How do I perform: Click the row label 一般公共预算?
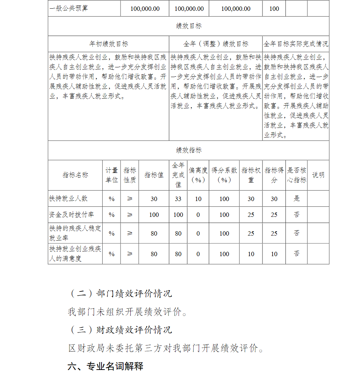click(x=69, y=8)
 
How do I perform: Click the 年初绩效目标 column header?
click(x=108, y=44)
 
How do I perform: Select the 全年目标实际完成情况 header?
click(x=296, y=44)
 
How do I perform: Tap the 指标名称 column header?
click(x=75, y=175)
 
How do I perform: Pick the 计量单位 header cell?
click(x=112, y=175)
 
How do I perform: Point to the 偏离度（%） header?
click(x=198, y=175)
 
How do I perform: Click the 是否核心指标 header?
click(x=296, y=175)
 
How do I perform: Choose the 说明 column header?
click(x=318, y=175)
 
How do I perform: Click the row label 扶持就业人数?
click(x=68, y=198)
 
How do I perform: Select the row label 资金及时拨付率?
click(x=71, y=215)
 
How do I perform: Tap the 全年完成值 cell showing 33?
click(x=178, y=199)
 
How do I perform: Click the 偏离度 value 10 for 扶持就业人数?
click(x=198, y=199)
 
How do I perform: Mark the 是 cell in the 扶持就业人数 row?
click(x=296, y=198)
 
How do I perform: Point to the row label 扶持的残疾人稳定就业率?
click(x=75, y=233)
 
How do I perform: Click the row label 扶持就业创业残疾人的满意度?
click(x=75, y=254)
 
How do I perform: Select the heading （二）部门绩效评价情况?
click(x=120, y=294)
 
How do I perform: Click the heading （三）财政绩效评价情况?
click(x=120, y=330)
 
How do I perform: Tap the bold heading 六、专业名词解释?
click(x=105, y=366)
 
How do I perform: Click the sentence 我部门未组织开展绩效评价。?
click(x=128, y=312)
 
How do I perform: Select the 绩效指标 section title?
click(x=189, y=150)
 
